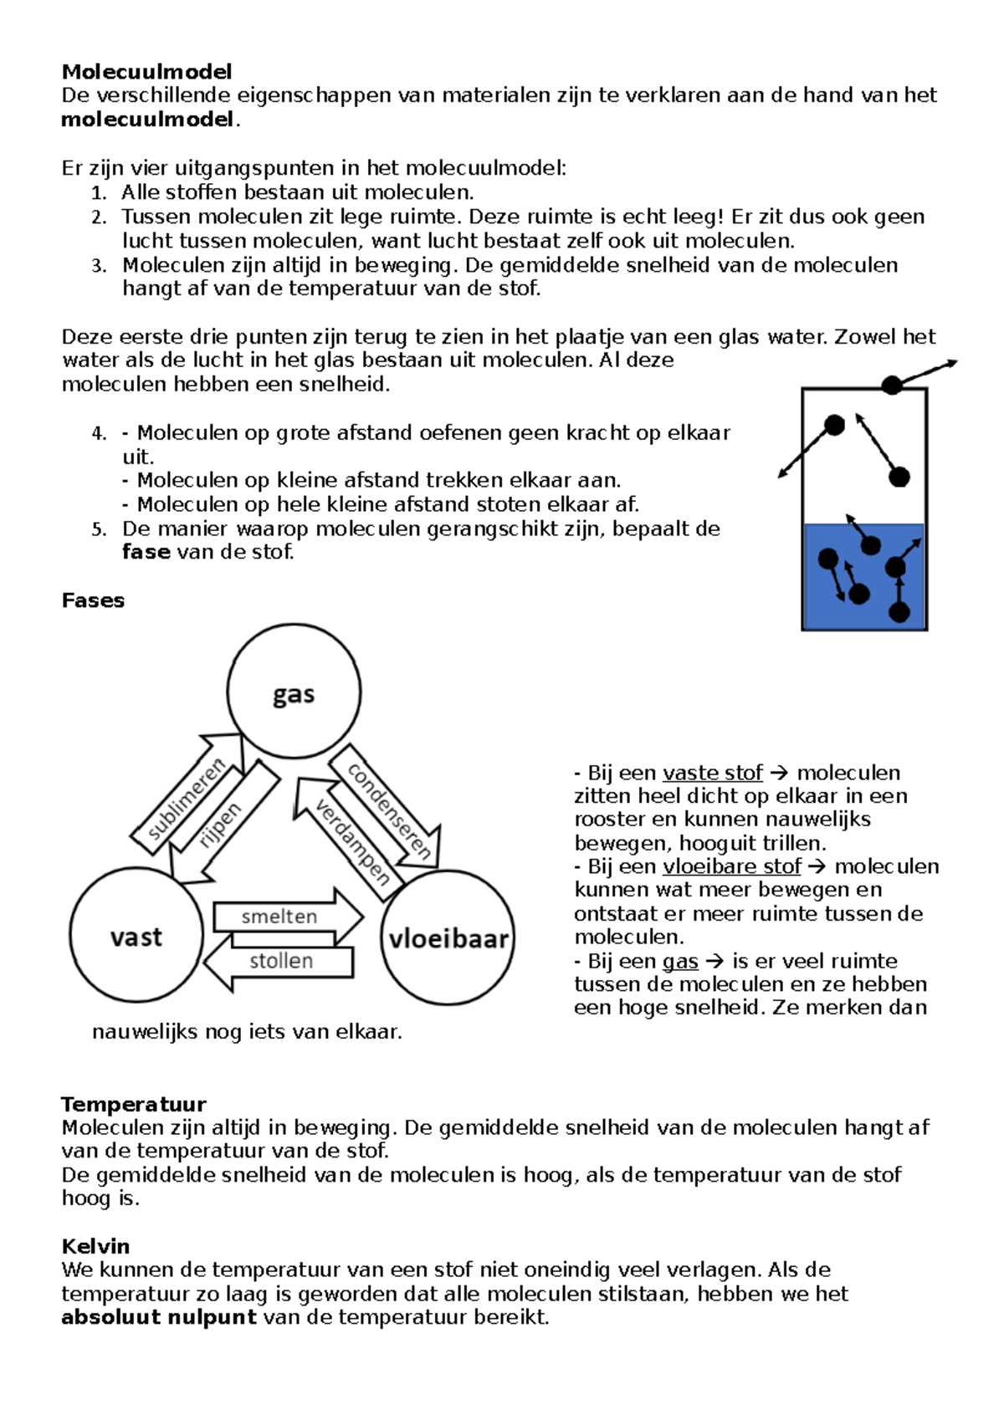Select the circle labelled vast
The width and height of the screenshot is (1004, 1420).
(136, 935)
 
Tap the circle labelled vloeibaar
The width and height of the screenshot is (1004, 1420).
(448, 937)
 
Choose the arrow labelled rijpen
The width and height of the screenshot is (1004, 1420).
(223, 824)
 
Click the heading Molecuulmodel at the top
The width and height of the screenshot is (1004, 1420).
(146, 71)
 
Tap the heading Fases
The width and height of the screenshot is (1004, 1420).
(93, 600)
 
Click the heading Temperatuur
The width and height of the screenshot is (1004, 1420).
(134, 1104)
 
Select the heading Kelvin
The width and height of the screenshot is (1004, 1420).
(95, 1246)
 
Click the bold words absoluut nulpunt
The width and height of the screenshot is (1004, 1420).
(159, 1318)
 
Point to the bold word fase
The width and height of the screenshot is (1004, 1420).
(146, 552)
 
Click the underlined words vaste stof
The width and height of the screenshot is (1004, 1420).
(712, 773)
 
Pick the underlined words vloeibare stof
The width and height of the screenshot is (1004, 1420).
(731, 866)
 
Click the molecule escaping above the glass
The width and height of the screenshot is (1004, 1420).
(892, 385)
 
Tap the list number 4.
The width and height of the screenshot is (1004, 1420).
(99, 433)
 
